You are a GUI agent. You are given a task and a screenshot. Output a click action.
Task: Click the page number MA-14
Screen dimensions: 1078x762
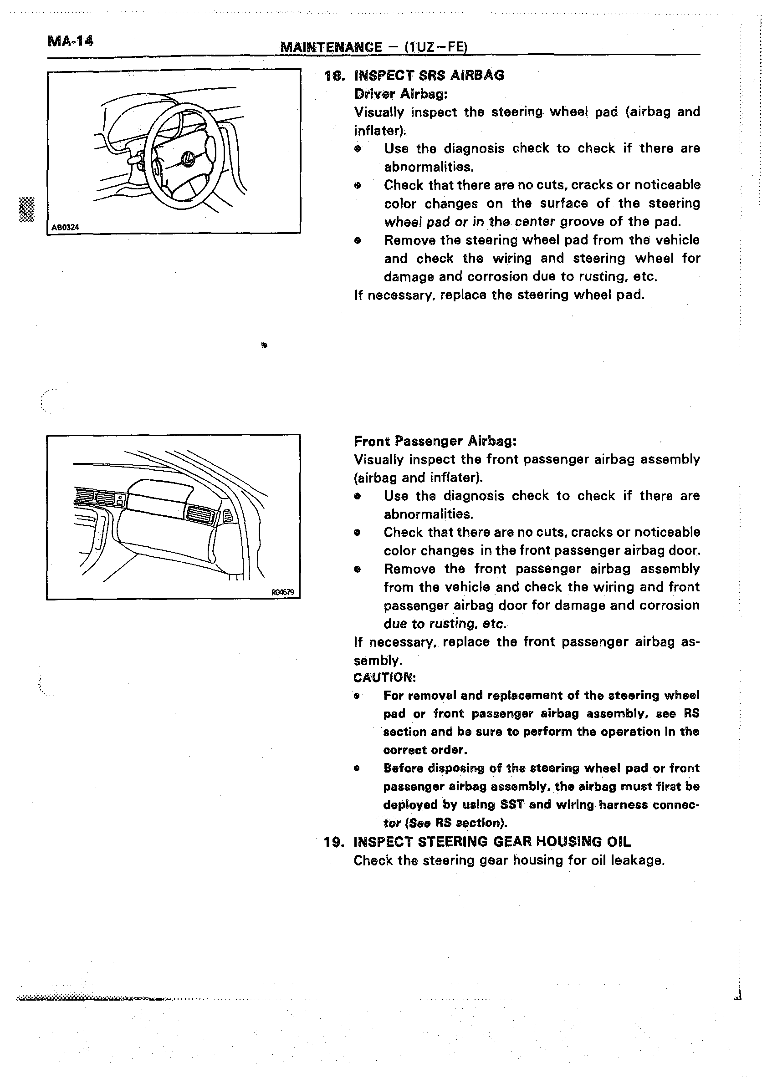(x=71, y=41)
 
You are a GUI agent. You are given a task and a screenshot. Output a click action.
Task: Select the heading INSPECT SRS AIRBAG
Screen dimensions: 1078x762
(x=429, y=75)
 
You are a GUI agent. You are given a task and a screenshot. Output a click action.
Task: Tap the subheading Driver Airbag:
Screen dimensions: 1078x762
(x=401, y=94)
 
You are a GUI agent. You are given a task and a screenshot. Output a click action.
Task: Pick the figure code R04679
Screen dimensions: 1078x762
(x=283, y=593)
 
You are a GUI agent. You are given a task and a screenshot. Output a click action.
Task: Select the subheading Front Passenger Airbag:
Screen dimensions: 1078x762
(x=435, y=441)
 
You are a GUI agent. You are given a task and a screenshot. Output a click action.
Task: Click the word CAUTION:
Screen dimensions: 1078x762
(x=384, y=677)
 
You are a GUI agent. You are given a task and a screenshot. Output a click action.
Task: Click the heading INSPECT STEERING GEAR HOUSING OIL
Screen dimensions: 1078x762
(x=492, y=842)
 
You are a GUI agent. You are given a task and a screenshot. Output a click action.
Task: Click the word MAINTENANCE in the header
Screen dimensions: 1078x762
(x=331, y=47)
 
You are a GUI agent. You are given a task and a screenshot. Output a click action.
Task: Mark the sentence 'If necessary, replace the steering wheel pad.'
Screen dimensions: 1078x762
(x=499, y=295)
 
